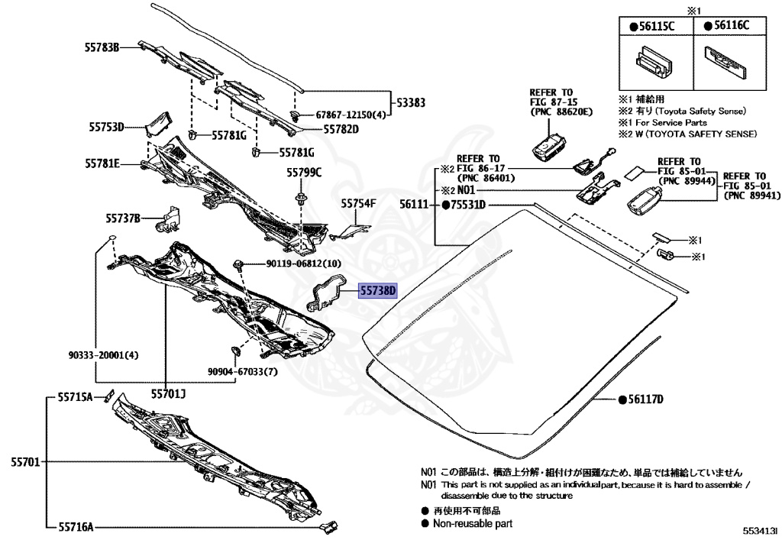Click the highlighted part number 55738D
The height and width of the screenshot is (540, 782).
tap(379, 291)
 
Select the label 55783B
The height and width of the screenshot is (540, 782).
tap(102, 47)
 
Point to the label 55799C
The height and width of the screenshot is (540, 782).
tap(304, 172)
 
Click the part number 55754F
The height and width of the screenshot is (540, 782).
tap(359, 204)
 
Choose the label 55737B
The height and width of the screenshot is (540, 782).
tap(123, 219)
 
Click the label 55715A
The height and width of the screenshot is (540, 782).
tap(75, 397)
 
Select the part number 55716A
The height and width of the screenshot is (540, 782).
tap(75, 526)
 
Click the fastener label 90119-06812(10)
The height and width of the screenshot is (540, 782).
tap(293, 264)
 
